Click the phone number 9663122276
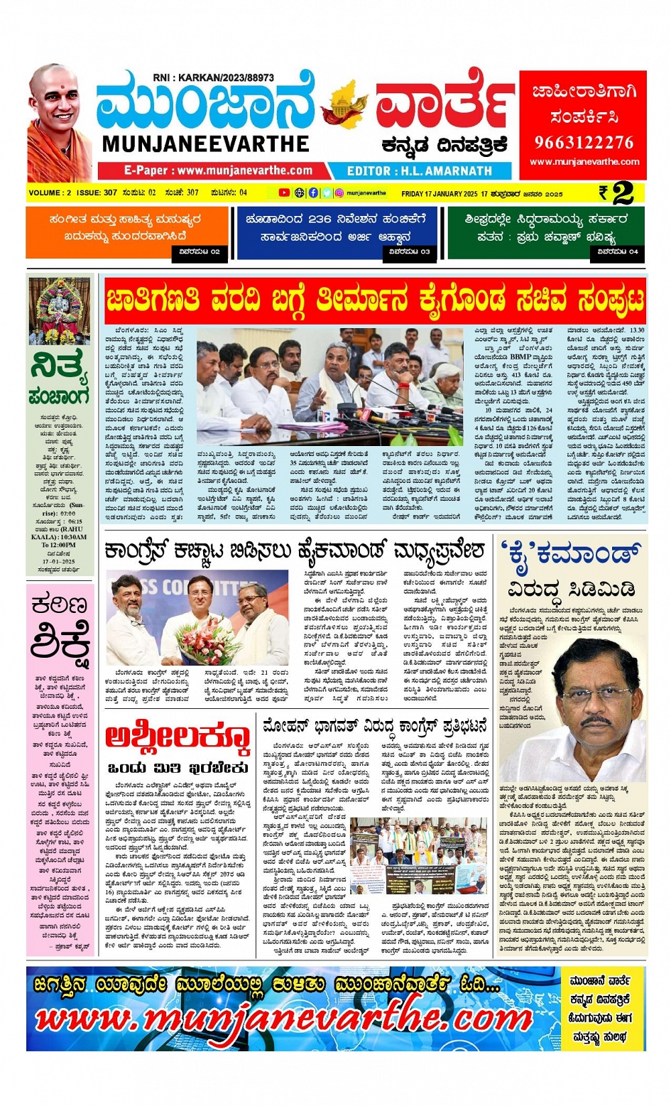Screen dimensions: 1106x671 tap(584, 142)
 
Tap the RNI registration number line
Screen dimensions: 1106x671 tap(213, 78)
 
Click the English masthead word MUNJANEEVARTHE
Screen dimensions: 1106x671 tap(206, 144)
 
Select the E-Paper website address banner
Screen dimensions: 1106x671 tap(218, 170)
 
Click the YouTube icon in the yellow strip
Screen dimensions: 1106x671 tap(284, 193)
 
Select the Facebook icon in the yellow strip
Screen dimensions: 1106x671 tap(313, 193)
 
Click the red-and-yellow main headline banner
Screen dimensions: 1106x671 tap(375, 300)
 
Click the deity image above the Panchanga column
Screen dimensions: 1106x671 tap(60, 310)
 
